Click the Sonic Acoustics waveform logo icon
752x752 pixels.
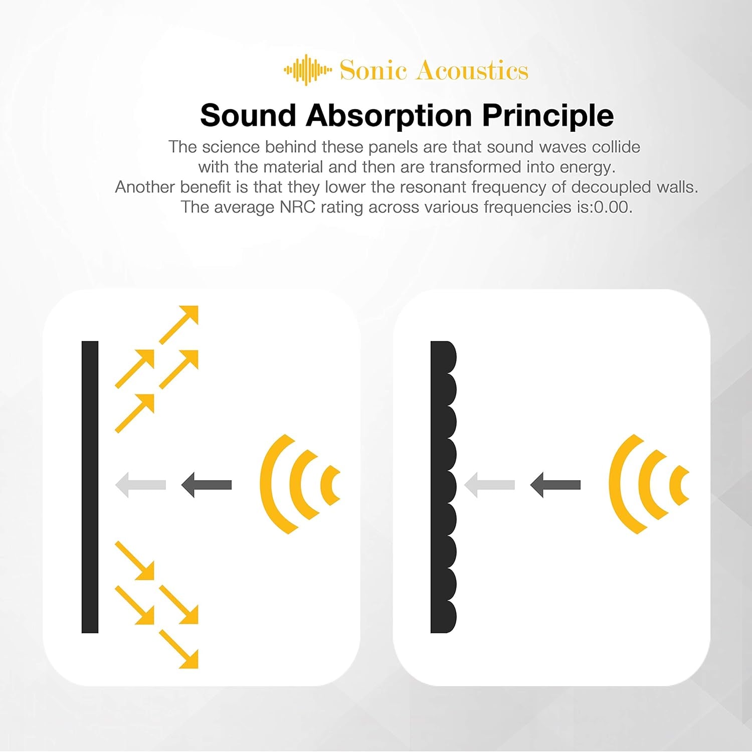[x=307, y=70]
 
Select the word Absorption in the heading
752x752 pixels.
[x=389, y=116]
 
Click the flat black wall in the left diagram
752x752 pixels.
[x=90, y=486]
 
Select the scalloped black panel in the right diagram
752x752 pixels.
[x=442, y=486]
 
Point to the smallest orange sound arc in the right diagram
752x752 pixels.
[x=680, y=485]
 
